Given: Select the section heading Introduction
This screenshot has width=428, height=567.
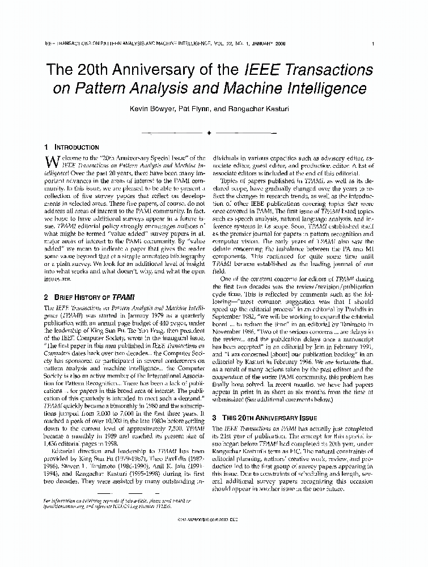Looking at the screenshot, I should [x=78, y=147].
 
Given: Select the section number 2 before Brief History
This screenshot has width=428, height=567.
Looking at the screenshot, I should [x=46, y=297].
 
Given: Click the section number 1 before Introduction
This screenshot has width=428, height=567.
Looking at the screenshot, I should [x=46, y=147].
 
